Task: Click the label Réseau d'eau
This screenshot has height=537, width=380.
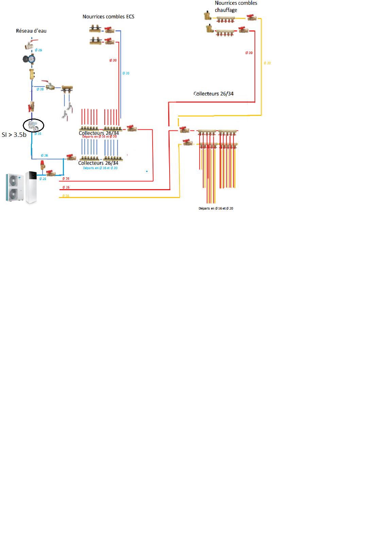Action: pos(31,31)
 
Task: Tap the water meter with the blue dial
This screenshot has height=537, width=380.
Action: pos(30,59)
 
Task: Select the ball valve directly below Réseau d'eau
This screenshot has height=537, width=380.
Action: pos(30,44)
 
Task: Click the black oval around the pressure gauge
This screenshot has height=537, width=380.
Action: pos(33,125)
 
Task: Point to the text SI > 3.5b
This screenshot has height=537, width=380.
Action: pos(14,135)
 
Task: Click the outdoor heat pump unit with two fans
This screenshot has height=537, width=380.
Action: pos(14,188)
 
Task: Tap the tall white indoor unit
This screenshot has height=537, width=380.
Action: pos(31,187)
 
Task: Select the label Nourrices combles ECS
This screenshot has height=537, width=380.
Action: pos(108,17)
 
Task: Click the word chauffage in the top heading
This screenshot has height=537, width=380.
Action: pos(226,10)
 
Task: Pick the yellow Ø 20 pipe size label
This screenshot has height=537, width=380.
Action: pos(267,63)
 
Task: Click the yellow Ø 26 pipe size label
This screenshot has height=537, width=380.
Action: pos(66,196)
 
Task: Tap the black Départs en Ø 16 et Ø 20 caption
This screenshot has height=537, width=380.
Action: pos(216,209)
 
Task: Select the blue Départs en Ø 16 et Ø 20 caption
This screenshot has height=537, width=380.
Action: pos(100,168)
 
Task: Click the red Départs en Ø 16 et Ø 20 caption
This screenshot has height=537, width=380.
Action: pos(100,137)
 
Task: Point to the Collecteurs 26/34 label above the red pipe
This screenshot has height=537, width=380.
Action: pos(213,94)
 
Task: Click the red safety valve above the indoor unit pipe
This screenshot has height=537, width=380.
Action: pos(42,165)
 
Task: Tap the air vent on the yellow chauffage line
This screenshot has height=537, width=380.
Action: pos(207,16)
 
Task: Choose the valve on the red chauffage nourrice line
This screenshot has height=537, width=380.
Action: pos(243,30)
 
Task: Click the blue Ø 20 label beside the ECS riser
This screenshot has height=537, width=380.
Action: pos(126,73)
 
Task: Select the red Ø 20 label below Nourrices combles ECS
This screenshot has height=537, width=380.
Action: pos(113,60)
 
